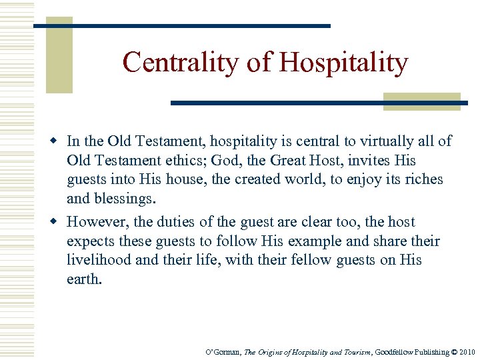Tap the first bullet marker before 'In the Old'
[x=57, y=141]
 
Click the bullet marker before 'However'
[x=57, y=221]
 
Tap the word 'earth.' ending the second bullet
[x=85, y=279]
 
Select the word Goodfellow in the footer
[x=394, y=352]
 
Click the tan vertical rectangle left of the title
[x=59, y=56]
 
